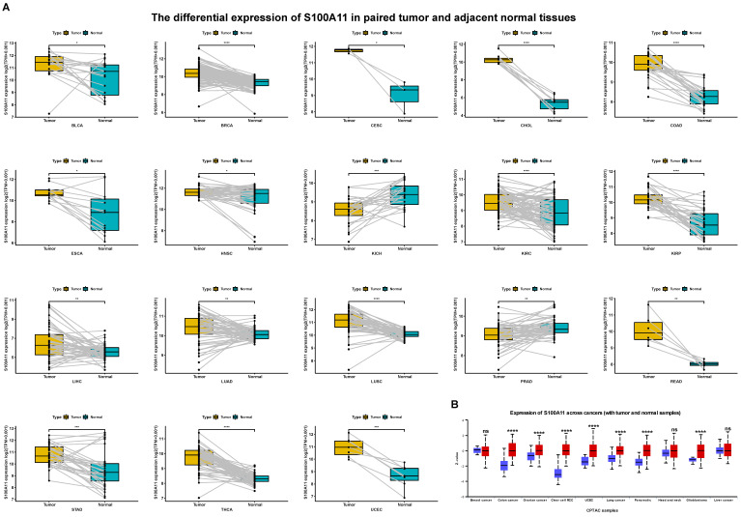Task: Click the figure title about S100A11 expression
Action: [370, 16]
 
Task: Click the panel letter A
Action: [7, 7]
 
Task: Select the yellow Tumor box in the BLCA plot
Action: [49, 64]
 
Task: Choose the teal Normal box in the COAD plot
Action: [704, 97]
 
